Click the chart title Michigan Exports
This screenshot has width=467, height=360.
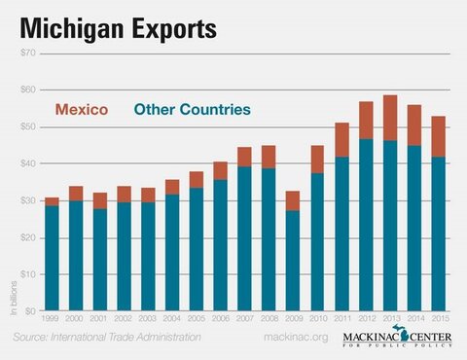[x=115, y=27]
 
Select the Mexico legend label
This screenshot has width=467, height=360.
[x=79, y=110]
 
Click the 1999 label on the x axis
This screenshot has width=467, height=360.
[x=51, y=318]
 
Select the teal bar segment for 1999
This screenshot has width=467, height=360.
[x=51, y=258]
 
